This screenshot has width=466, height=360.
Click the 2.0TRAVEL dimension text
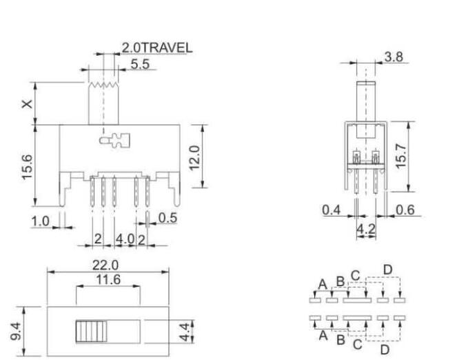(x=157, y=48)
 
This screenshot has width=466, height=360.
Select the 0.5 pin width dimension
(x=168, y=218)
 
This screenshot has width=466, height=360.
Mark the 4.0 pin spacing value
(x=125, y=239)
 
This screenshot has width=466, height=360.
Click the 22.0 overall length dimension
(x=106, y=265)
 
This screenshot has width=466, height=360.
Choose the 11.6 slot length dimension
(x=108, y=279)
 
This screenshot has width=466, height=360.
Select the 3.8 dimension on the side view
(x=394, y=57)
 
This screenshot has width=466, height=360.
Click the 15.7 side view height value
(x=401, y=158)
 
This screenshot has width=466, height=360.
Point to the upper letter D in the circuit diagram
(x=387, y=269)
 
